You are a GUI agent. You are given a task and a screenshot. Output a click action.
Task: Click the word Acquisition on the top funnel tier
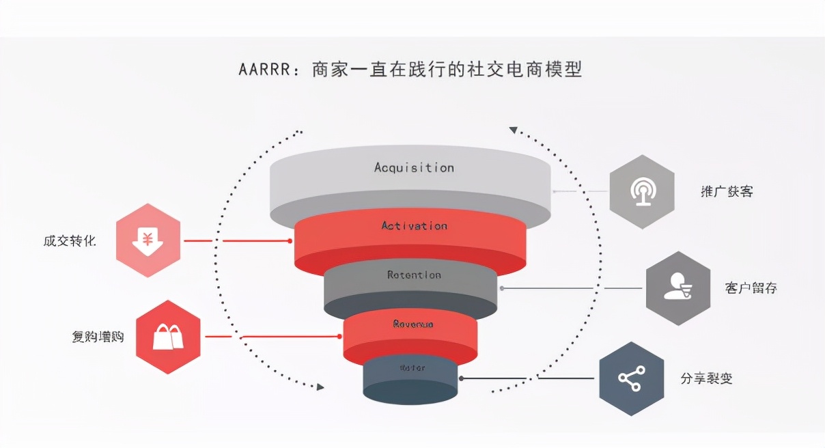[414, 167]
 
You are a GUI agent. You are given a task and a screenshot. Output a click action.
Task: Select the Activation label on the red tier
[414, 226]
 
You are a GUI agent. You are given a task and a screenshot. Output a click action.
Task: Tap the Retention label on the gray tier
[414, 275]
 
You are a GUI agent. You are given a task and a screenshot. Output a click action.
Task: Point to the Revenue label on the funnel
[413, 324]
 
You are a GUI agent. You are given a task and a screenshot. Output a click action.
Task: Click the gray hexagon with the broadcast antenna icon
[642, 192]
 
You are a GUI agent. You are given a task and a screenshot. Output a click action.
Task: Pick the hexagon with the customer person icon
[678, 288]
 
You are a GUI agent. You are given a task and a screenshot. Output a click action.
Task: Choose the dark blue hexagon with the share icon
[632, 378]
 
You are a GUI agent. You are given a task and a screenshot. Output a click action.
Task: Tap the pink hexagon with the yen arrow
[148, 240]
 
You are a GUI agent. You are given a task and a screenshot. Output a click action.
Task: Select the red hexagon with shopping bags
[168, 337]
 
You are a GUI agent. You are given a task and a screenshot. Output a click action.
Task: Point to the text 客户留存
[751, 288]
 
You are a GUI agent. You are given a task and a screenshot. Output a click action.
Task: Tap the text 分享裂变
[707, 378]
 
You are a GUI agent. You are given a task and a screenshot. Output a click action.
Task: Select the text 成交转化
[70, 241]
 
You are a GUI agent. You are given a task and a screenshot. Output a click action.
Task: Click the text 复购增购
[98, 337]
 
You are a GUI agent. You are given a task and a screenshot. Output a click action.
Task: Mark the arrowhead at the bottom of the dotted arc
[319, 387]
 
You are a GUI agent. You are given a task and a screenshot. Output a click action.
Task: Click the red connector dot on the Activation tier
[290, 240]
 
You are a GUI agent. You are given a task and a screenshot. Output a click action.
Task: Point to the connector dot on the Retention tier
[502, 288]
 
